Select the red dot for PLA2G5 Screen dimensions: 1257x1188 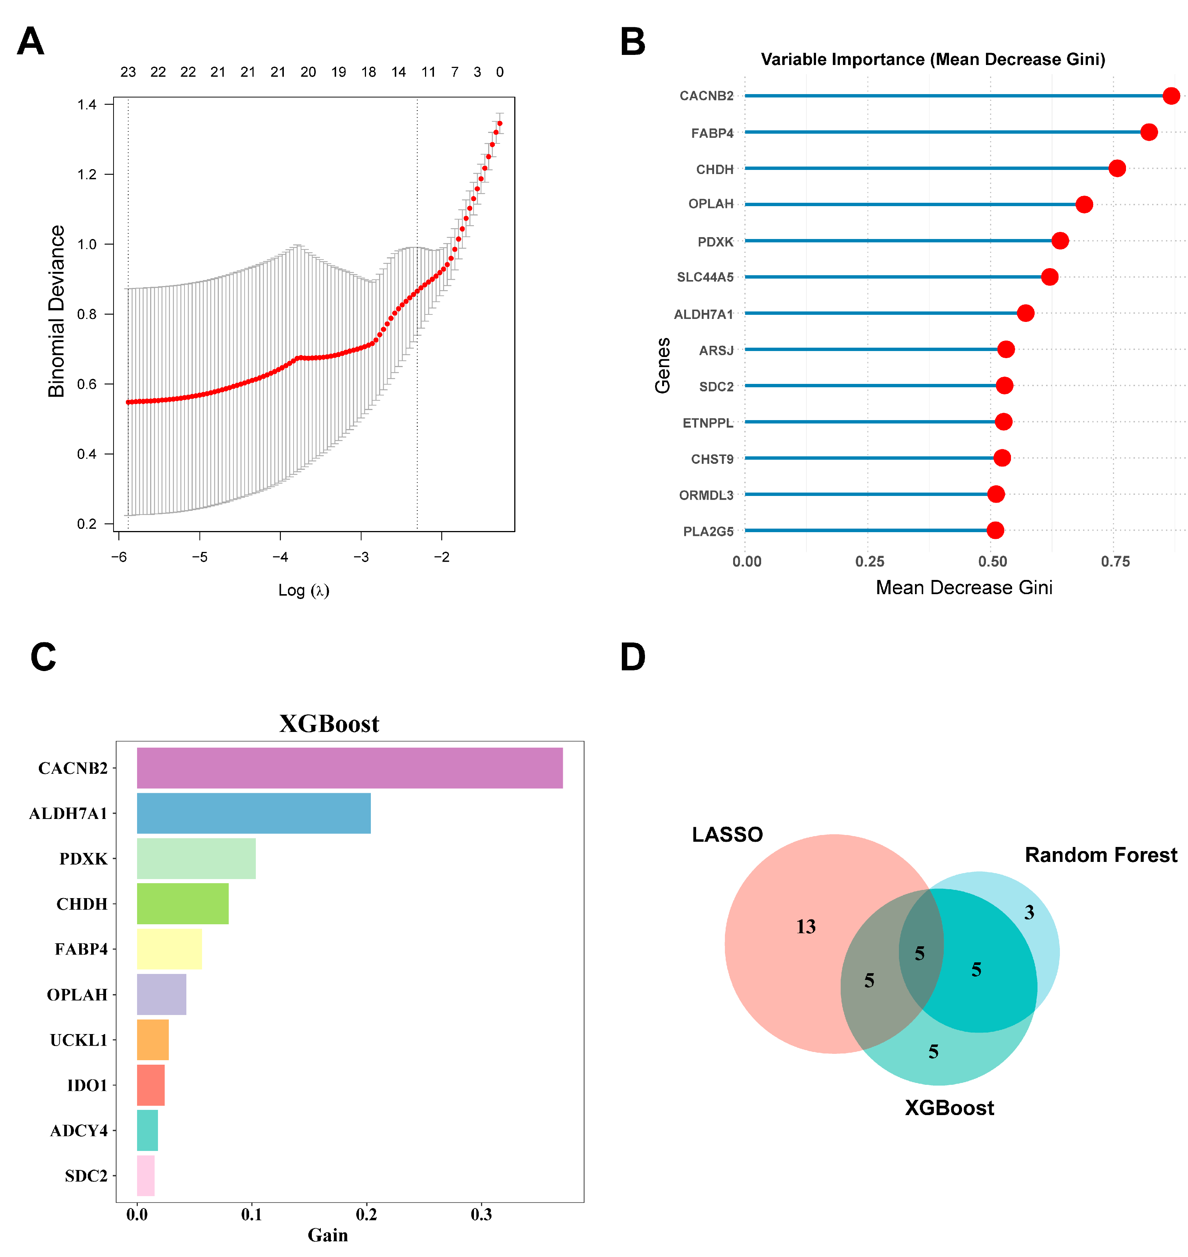click(x=995, y=530)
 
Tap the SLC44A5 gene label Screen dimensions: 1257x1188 click(x=705, y=277)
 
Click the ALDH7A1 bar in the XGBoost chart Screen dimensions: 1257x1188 click(x=253, y=813)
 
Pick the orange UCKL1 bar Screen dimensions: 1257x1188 click(x=153, y=1039)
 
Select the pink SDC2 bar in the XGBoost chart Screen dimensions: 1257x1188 click(x=146, y=1175)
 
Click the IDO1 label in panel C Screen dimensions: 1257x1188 click(x=87, y=1085)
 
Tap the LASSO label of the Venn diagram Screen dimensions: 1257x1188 click(x=727, y=835)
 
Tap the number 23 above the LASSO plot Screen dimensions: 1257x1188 click(x=128, y=72)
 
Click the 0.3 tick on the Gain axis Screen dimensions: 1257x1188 click(x=481, y=1214)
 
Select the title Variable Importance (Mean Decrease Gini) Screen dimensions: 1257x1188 click(x=932, y=59)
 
